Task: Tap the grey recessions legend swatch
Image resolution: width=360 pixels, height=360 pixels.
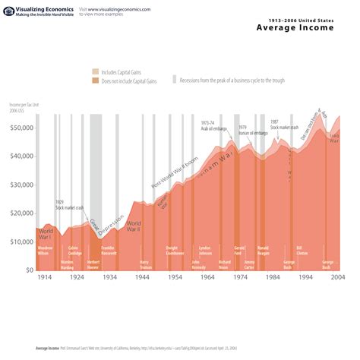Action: pyautogui.click(x=173, y=79)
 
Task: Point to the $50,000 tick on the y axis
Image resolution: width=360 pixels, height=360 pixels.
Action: pyautogui.click(x=22, y=128)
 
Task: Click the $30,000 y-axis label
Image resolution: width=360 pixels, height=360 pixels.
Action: pyautogui.click(x=22, y=185)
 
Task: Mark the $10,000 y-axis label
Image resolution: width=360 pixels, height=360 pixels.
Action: pyautogui.click(x=22, y=242)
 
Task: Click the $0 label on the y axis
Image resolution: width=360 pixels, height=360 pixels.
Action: pyautogui.click(x=28, y=270)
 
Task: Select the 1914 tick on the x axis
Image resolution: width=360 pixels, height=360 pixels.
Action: pyautogui.click(x=44, y=278)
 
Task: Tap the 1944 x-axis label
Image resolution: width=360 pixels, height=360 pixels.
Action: pyautogui.click(x=142, y=278)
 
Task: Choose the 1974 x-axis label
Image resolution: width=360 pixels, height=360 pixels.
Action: pyautogui.click(x=240, y=278)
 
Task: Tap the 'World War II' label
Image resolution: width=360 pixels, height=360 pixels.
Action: pyautogui.click(x=134, y=226)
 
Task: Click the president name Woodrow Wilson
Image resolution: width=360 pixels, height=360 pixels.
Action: pyautogui.click(x=45, y=250)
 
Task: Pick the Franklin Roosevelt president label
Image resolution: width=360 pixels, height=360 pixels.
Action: pyautogui.click(x=108, y=250)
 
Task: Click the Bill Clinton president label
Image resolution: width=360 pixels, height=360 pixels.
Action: pyautogui.click(x=302, y=250)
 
